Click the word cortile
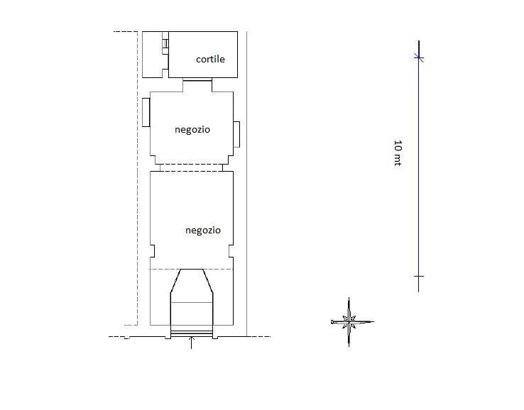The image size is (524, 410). (210, 59)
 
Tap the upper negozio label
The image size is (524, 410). (192, 130)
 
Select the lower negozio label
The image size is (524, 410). (203, 231)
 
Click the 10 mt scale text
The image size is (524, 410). (398, 153)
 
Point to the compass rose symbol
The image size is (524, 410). (349, 322)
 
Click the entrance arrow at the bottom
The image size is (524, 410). (191, 343)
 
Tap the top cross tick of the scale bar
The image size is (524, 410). (419, 57)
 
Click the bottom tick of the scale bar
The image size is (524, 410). (419, 277)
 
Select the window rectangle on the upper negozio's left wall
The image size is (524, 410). (146, 112)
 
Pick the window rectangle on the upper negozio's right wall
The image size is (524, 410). (236, 134)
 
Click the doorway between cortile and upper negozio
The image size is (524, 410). (197, 79)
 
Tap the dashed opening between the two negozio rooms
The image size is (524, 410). (191, 167)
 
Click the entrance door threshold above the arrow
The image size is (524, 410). (191, 333)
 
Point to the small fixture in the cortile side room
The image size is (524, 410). (165, 43)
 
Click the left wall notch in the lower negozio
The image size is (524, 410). (153, 251)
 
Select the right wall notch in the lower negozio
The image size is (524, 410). (231, 251)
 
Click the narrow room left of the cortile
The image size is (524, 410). (155, 55)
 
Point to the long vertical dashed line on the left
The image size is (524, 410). (138, 178)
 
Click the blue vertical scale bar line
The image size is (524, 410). (419, 166)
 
